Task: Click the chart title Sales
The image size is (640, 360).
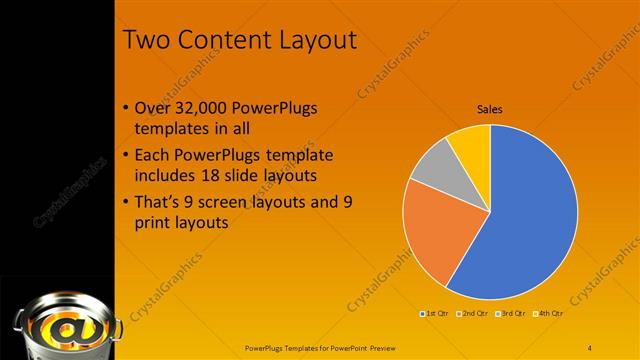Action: click(x=489, y=109)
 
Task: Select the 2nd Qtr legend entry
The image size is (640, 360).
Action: click(x=474, y=314)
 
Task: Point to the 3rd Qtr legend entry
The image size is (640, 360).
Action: click(x=512, y=314)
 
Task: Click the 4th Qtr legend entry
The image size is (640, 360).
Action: click(x=549, y=314)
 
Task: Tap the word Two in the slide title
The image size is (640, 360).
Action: click(x=148, y=40)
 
